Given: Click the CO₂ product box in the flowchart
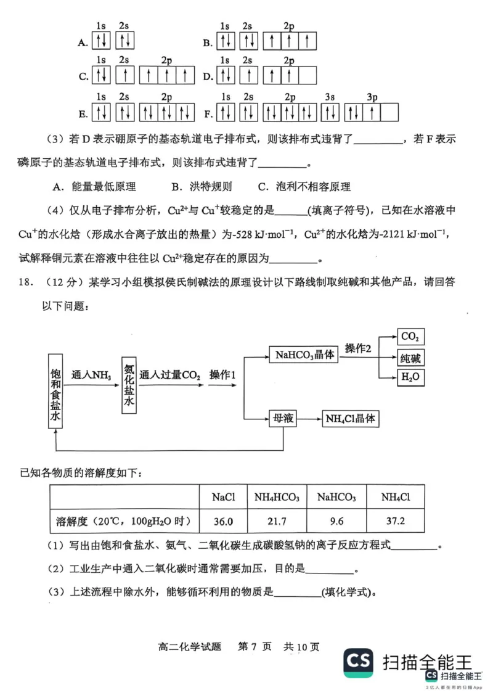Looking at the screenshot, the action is (x=410, y=337).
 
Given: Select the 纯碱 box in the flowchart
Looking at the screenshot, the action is (x=410, y=358).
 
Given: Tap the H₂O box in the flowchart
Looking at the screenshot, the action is (x=410, y=377).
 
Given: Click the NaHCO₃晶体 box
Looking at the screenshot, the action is (x=304, y=355).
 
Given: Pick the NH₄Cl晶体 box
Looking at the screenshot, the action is (x=350, y=419).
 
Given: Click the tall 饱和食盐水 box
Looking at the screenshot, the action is (x=55, y=392).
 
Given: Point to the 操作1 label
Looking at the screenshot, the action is (x=223, y=375).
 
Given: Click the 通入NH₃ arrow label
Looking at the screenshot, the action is (x=91, y=375).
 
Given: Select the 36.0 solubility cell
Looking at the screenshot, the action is (x=222, y=521).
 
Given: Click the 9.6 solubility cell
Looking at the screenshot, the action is (x=336, y=521).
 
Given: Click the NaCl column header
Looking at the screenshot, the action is (x=222, y=497).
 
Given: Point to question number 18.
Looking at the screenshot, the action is (x=26, y=282).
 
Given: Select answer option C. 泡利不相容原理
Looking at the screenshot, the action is (x=304, y=187).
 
